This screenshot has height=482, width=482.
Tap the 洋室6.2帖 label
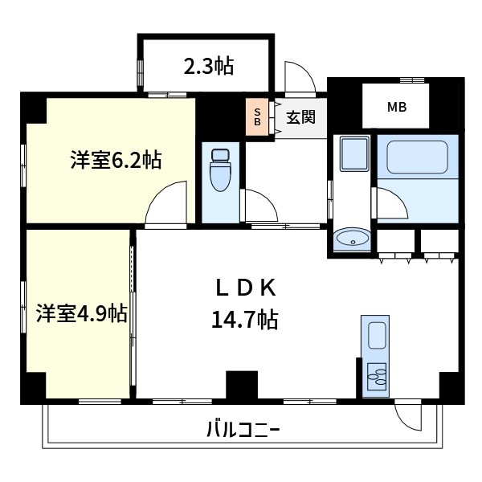coord(116,161)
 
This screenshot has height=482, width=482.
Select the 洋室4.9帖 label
coord(80,313)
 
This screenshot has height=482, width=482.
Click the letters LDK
coord(244,287)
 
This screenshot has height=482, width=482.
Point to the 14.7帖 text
coord(244,321)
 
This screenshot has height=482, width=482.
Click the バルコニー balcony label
coord(244,427)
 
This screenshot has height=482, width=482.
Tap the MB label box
coord(397,107)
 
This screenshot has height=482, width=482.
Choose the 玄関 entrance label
coord(300,117)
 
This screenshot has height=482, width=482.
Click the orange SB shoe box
coord(257,117)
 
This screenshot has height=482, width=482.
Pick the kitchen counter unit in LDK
coord(375,353)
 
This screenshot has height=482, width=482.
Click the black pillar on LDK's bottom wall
coord(237,385)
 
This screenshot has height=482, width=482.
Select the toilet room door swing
coord(259,206)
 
